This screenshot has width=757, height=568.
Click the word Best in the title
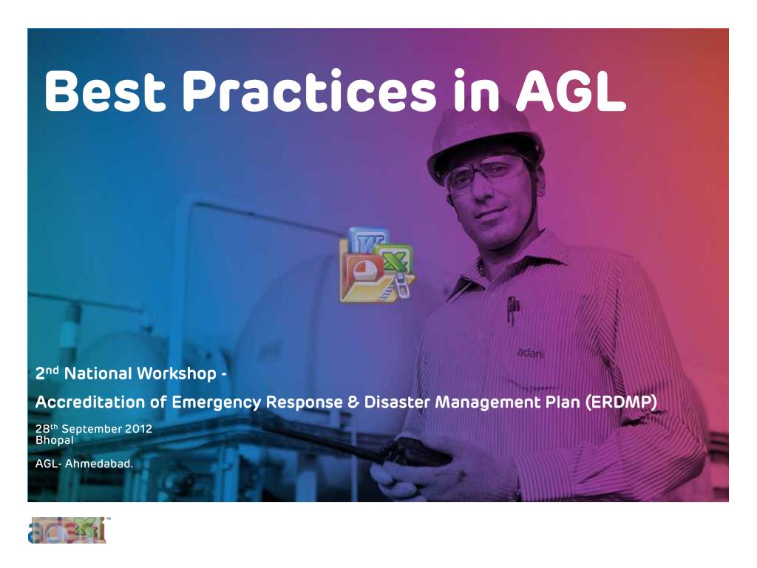pyautogui.click(x=105, y=90)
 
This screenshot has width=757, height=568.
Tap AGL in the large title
pyautogui.click(x=571, y=90)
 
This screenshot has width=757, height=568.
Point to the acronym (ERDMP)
pyautogui.click(x=621, y=402)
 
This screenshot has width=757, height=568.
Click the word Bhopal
pyautogui.click(x=55, y=440)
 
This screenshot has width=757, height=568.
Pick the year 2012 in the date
pyautogui.click(x=138, y=429)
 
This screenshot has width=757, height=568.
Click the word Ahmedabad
pyautogui.click(x=99, y=464)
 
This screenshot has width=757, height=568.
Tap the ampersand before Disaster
pyautogui.click(x=353, y=402)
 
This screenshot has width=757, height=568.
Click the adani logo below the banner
pyautogui.click(x=67, y=530)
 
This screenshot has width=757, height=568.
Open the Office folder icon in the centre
pyautogui.click(x=376, y=266)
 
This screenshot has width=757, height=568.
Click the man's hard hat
pyautogui.click(x=485, y=140)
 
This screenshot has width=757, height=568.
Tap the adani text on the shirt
pyautogui.click(x=530, y=353)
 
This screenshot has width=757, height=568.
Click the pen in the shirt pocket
pyautogui.click(x=512, y=309)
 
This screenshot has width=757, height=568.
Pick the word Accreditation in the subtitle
pyautogui.click(x=89, y=402)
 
